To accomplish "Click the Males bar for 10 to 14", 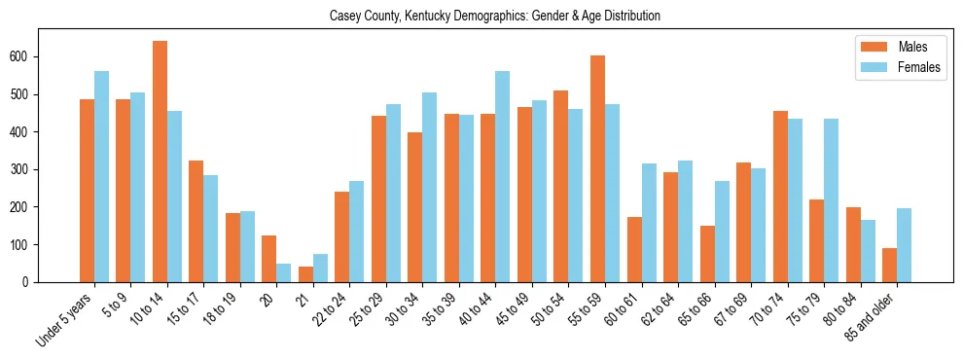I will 160,162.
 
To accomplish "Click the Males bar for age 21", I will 305,274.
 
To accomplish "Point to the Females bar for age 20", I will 283,272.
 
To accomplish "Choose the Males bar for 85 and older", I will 889,265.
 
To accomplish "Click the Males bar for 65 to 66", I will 707,254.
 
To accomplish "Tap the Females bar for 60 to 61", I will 649,223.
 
